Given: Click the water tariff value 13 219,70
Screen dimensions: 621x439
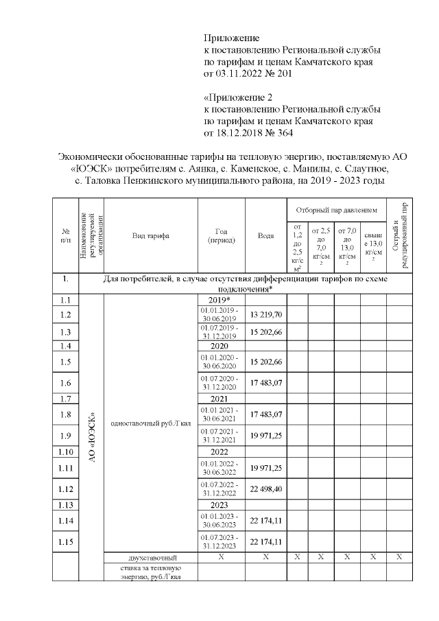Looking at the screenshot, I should pyautogui.click(x=266, y=314).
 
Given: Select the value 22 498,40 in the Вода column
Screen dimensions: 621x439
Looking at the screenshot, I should pyautogui.click(x=266, y=489).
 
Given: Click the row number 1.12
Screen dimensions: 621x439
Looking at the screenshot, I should pyautogui.click(x=66, y=489).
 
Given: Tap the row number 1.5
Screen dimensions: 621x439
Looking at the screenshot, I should pyautogui.click(x=66, y=362).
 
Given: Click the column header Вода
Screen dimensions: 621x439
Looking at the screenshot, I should pyautogui.click(x=266, y=235).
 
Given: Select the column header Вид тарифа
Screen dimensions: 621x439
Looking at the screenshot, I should pyautogui.click(x=151, y=235).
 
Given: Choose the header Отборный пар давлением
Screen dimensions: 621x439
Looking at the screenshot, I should pyautogui.click(x=336, y=208).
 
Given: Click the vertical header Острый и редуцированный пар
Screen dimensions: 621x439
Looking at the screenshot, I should pyautogui.click(x=399, y=235).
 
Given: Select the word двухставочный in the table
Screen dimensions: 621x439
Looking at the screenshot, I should pyautogui.click(x=150, y=557).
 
